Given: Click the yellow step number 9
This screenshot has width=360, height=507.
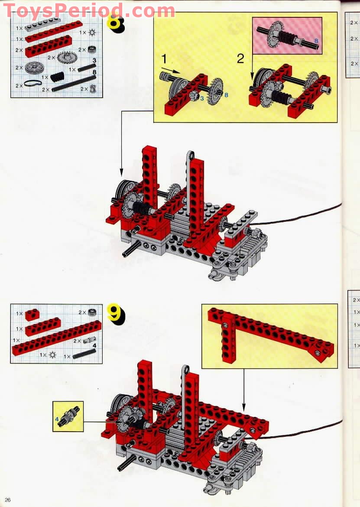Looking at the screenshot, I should click(x=115, y=313).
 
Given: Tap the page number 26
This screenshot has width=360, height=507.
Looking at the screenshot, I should click(x=8, y=500).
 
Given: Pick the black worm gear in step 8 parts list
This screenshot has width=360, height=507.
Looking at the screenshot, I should click(x=57, y=77).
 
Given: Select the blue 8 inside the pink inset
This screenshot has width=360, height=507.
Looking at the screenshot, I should click(x=316, y=41).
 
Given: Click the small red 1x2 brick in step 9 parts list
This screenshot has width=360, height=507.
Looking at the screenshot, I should click(x=32, y=315).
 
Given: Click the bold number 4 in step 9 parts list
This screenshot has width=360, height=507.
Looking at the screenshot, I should click(x=94, y=345).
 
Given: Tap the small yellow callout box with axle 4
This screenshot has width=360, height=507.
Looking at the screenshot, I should click(x=68, y=416).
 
